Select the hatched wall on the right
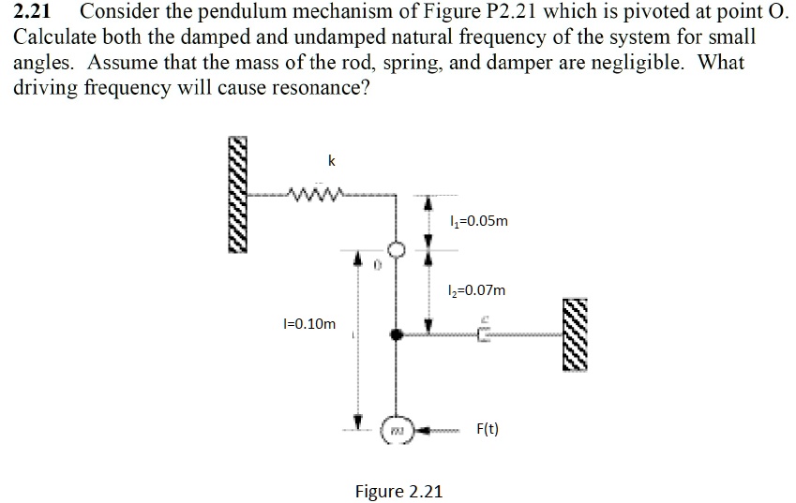(x=576, y=336)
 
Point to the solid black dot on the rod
(x=398, y=333)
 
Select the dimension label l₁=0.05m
(x=478, y=222)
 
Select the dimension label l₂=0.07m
(x=477, y=290)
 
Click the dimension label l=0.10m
(x=308, y=324)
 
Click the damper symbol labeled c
(x=484, y=331)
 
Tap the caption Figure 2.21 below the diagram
(x=398, y=491)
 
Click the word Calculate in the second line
(x=53, y=38)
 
